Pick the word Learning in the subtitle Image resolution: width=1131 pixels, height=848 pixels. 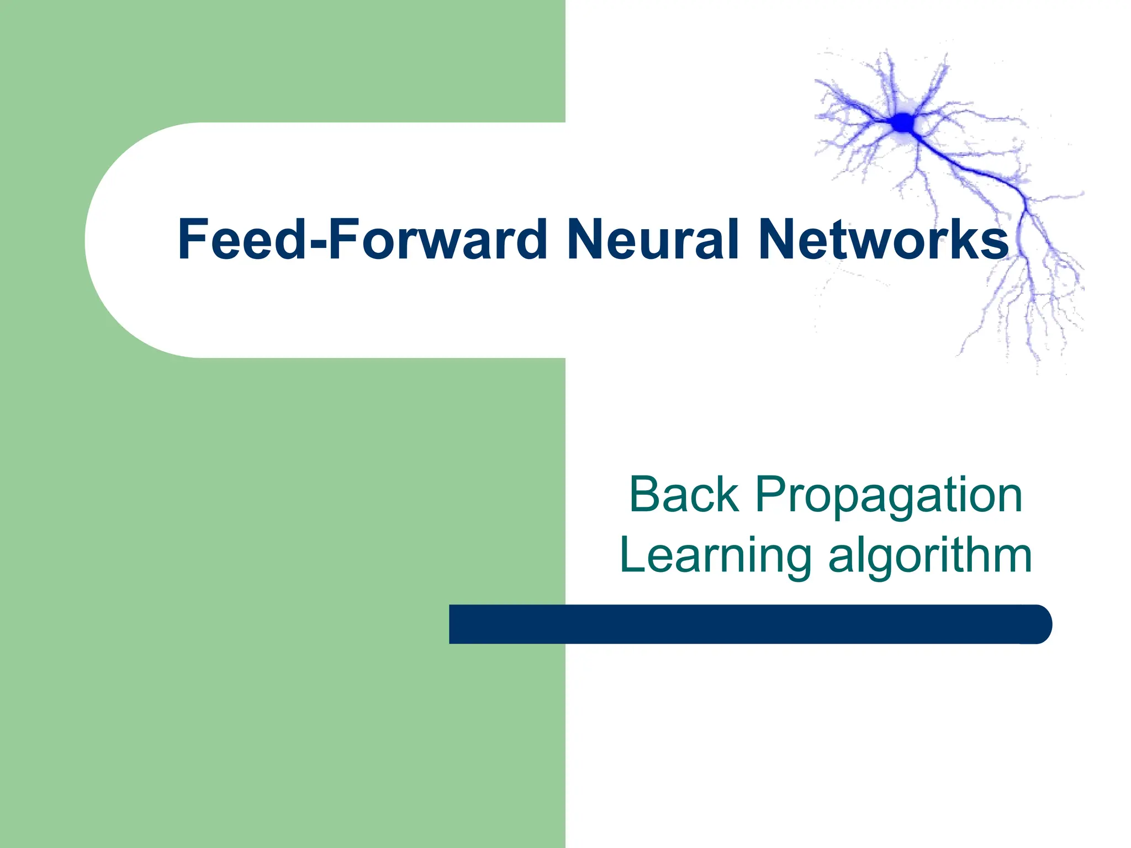(x=716, y=556)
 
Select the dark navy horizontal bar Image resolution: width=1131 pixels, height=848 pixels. (x=746, y=624)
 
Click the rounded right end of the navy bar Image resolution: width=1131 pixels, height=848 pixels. (x=1038, y=624)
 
